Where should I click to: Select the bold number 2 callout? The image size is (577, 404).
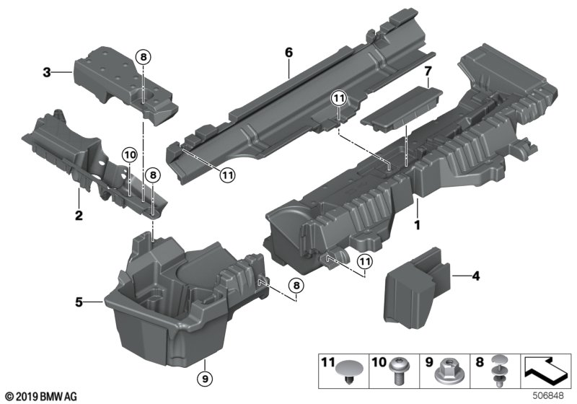pos(78,215)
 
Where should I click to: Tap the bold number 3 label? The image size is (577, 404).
pos(47,72)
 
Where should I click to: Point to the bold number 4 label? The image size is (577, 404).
pos(475,276)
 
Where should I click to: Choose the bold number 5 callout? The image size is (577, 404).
pos(79,302)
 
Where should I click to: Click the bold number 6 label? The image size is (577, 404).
pos(288,53)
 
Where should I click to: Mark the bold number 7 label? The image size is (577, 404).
pos(427,72)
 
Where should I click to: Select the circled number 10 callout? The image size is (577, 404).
pos(129,154)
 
